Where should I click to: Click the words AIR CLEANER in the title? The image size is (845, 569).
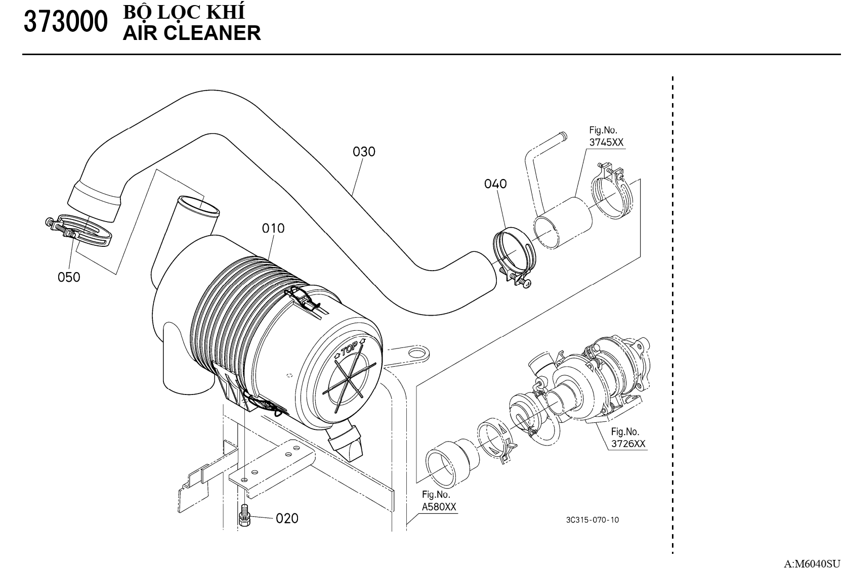[192, 33]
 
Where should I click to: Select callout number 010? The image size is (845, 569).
[273, 228]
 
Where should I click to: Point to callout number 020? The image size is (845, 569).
[287, 518]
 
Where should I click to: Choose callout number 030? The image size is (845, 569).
[364, 151]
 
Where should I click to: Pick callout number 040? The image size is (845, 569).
[495, 184]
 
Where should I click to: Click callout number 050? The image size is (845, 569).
[69, 277]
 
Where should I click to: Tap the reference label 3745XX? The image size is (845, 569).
[606, 142]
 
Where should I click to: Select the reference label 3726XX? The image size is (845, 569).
[628, 444]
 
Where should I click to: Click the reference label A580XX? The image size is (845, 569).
[439, 507]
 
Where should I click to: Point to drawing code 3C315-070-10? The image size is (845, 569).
[593, 520]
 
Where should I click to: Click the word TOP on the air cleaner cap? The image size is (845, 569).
[350, 348]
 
